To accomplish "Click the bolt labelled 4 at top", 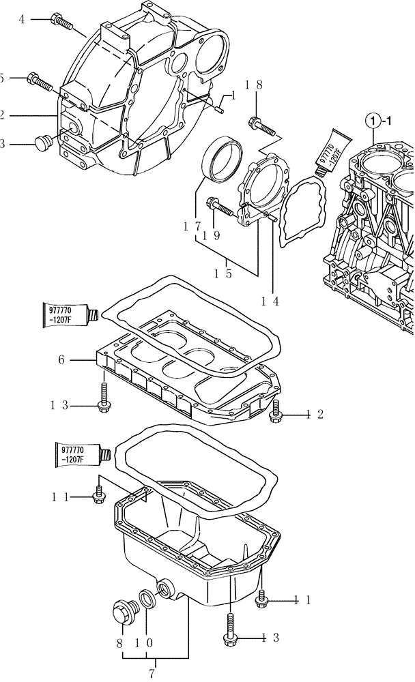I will (61, 22).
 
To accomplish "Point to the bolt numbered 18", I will (262, 125).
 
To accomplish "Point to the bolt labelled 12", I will (276, 411).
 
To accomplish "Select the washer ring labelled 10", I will (147, 599).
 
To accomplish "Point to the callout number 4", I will (21, 19).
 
